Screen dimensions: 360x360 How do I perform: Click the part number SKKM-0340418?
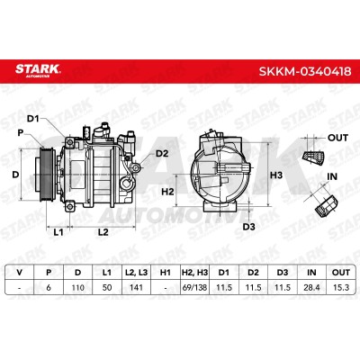(305, 72)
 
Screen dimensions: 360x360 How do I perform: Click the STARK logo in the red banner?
(38, 70)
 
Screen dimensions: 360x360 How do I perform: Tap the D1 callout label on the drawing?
(33, 119)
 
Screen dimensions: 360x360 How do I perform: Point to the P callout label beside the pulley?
(21, 132)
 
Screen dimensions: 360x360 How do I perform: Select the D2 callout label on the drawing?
(162, 154)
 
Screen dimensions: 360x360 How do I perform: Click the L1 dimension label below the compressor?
(58, 232)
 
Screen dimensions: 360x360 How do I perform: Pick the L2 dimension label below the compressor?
(103, 232)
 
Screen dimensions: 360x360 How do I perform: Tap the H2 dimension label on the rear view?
(167, 191)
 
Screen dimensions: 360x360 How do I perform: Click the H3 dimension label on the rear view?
(276, 175)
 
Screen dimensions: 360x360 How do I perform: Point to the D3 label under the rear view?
(248, 227)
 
